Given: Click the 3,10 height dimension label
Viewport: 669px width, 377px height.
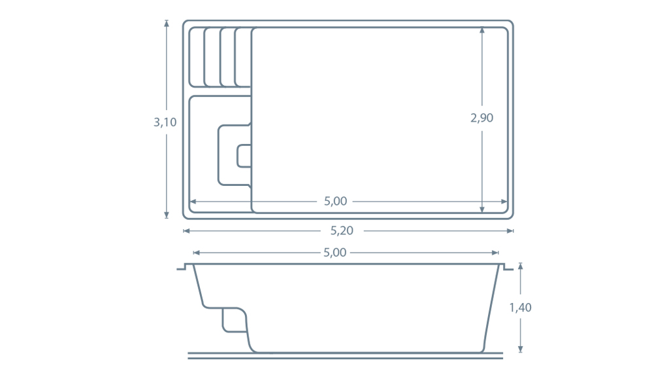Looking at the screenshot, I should [164, 122].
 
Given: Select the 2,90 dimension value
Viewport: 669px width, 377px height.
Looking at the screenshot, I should [481, 118].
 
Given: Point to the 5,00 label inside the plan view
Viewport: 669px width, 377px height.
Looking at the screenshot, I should [335, 202].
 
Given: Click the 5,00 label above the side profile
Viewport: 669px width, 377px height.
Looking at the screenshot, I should [334, 253].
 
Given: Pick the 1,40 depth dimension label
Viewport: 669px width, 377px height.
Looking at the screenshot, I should [520, 308].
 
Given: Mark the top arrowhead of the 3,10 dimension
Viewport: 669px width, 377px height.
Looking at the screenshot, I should [167, 23].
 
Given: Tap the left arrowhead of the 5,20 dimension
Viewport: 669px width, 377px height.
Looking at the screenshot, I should [186, 230].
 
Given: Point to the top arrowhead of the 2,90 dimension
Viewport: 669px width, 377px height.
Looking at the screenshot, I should [481, 30].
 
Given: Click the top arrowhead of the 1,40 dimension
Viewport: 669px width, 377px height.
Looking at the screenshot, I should [520, 266].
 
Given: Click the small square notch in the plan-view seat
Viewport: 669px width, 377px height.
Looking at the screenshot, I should [244, 155].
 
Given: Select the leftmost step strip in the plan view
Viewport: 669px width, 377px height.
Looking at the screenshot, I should [197, 57].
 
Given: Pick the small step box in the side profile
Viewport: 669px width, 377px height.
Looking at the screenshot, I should [233, 319].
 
